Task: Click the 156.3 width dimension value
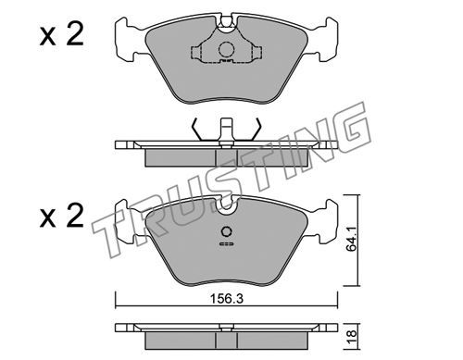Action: point(227,299)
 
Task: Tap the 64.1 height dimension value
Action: point(351,238)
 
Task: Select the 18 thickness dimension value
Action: point(351,334)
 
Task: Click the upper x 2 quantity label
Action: point(62,35)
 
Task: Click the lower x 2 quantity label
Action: point(62,216)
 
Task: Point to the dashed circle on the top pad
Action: point(227,49)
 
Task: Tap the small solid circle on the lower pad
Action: point(227,231)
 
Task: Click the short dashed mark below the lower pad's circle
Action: point(227,244)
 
